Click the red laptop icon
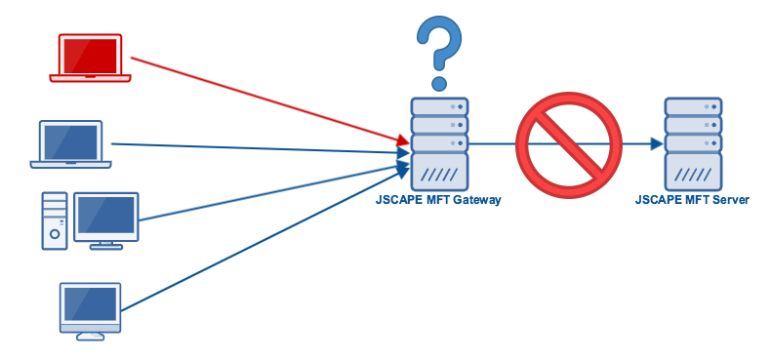pos(91,59)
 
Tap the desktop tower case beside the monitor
pos(55,220)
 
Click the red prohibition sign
pos(568,144)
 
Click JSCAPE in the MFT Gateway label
pos(396,200)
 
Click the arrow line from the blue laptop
pos(254,148)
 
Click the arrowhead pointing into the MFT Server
pos(657,144)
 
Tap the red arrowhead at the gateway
pos(403,142)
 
